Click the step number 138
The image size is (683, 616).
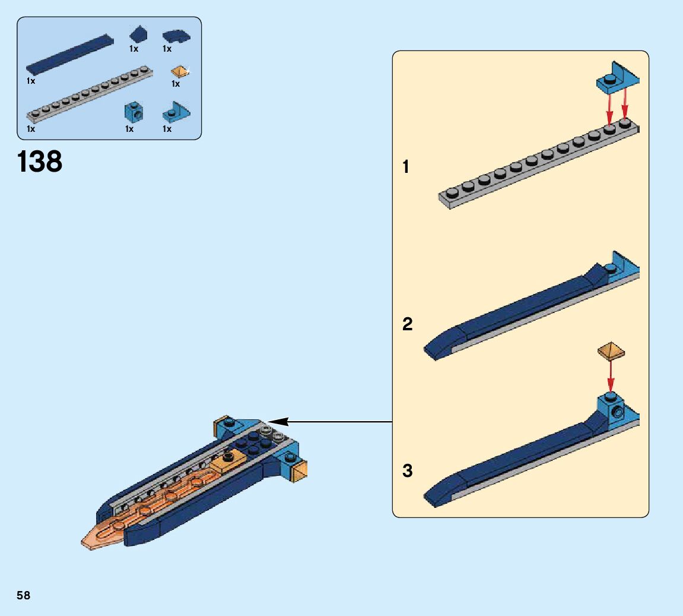[x=40, y=162]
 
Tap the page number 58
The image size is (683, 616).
[x=23, y=595]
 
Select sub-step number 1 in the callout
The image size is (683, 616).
[x=406, y=168]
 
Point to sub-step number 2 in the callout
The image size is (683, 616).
[x=407, y=324]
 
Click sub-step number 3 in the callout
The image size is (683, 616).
[x=407, y=471]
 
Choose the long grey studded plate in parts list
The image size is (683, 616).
[x=89, y=94]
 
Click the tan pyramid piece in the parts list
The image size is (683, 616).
[x=179, y=72]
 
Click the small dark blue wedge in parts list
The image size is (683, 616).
[x=138, y=33]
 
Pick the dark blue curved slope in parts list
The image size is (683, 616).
[x=176, y=37]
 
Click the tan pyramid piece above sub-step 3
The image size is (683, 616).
[x=611, y=351]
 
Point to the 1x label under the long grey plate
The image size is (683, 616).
[x=31, y=128]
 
